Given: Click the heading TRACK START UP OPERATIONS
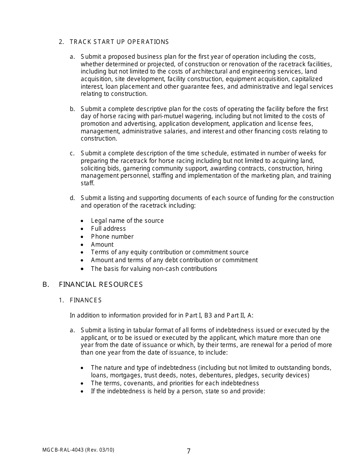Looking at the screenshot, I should [x=119, y=42].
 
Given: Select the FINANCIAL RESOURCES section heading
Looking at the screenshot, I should [x=101, y=285].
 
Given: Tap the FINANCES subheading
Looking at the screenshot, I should [x=86, y=300].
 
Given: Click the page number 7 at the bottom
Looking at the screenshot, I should [x=189, y=451].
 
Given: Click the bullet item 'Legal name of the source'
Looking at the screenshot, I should [x=127, y=220].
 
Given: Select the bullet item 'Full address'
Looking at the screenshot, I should [x=108, y=228].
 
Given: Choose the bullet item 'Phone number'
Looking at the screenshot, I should [x=112, y=236].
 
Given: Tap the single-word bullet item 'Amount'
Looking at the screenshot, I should [x=102, y=244].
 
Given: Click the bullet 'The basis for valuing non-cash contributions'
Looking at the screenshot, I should [x=154, y=269].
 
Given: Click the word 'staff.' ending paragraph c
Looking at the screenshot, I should [x=88, y=183].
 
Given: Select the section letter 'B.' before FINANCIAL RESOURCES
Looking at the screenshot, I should [x=46, y=285].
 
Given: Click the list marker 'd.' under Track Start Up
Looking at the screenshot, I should [x=72, y=198].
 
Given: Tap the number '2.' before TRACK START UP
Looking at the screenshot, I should [x=61, y=42].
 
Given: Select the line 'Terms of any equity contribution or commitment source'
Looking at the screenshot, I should [x=170, y=252].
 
